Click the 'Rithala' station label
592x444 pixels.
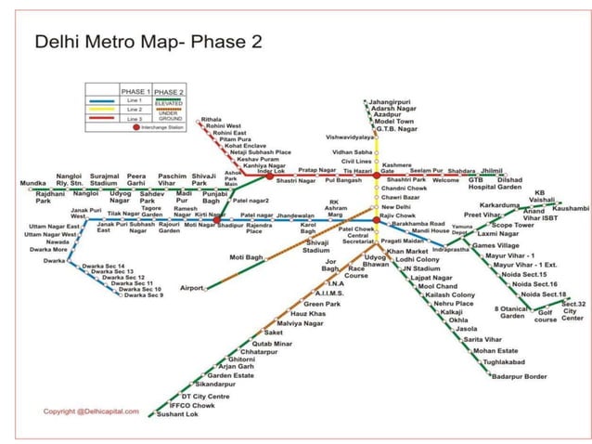(212, 120)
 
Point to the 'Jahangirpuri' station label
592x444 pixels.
(391, 100)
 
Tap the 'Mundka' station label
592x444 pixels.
(32, 183)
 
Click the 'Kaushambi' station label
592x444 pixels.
(570, 208)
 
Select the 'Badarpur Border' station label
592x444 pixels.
(520, 375)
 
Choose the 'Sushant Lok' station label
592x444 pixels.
(177, 413)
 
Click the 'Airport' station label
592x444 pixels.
(191, 288)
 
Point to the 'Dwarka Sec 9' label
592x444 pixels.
(143, 295)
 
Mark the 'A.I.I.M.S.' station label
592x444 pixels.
(329, 294)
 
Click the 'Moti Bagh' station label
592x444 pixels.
(247, 256)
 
